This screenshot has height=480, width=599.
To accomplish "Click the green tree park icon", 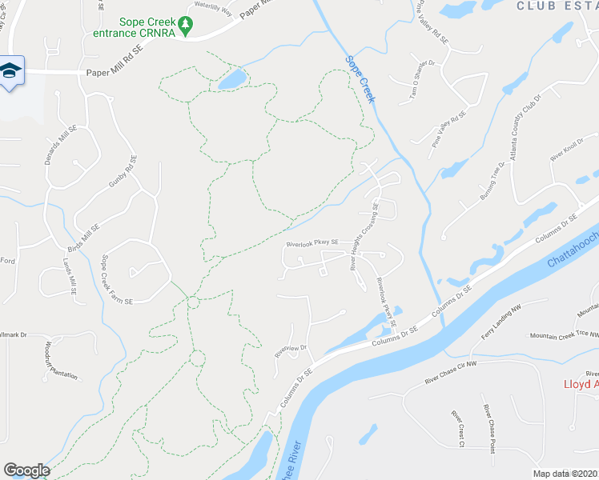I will (x=186, y=27).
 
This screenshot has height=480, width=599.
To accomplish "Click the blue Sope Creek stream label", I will (x=360, y=78).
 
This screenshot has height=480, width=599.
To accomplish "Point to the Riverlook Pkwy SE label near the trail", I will (x=314, y=242).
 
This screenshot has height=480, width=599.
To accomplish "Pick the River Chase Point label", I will (x=488, y=430).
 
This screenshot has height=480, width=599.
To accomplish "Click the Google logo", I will (x=26, y=470).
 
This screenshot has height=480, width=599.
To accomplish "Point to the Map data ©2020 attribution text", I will (x=565, y=474).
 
